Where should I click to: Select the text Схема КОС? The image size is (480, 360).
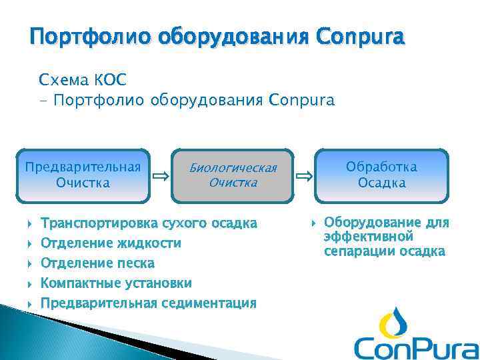tap(83, 81)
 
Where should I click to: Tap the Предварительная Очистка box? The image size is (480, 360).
tap(83, 175)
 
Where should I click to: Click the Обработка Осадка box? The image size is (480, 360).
tap(381, 175)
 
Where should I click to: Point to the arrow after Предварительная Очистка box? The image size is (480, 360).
tap(160, 177)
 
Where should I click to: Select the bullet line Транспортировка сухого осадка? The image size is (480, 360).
tap(148, 223)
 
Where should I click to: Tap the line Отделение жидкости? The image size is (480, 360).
tap(111, 243)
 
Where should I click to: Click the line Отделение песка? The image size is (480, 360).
tap(97, 263)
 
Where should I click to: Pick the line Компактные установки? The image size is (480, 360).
tap(116, 283)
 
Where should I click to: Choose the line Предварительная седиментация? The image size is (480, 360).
tap(148, 303)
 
